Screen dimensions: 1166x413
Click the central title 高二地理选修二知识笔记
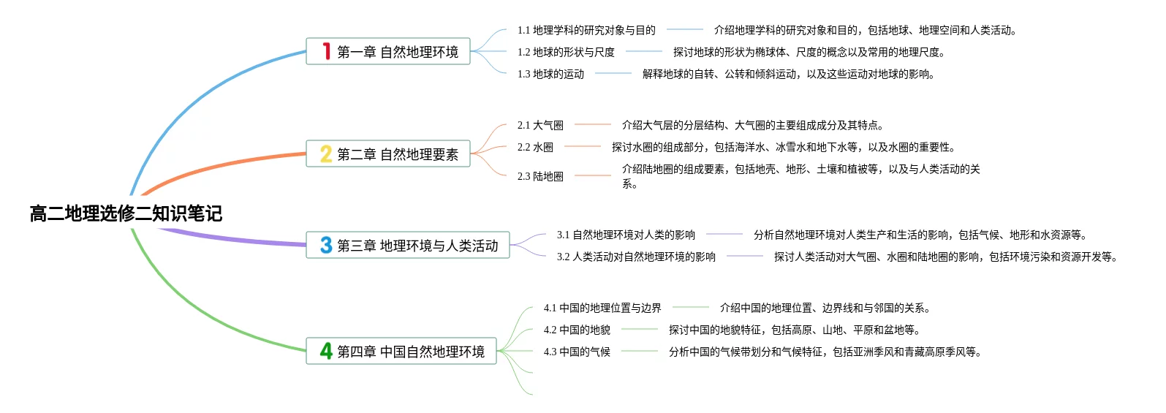tap(126, 213)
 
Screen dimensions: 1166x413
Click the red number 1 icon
tap(326, 51)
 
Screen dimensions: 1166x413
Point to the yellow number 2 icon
tap(326, 154)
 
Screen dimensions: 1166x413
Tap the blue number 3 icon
tap(326, 245)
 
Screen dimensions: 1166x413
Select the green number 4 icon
tap(326, 351)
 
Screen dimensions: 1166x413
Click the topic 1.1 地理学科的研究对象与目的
tap(586, 30)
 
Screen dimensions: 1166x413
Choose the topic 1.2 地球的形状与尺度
tap(566, 52)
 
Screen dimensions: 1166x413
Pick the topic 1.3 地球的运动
tap(550, 74)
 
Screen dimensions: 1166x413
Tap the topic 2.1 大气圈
tap(540, 125)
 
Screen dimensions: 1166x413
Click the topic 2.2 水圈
tap(535, 147)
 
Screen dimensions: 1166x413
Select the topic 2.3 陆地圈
tap(540, 176)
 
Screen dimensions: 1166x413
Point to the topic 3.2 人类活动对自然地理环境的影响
tap(636, 257)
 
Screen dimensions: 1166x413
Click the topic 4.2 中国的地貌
tap(577, 330)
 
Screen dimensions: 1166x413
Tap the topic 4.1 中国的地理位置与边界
tap(602, 308)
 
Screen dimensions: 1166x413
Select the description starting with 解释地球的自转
tap(789, 74)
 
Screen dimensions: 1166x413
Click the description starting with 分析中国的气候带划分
tap(825, 352)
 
